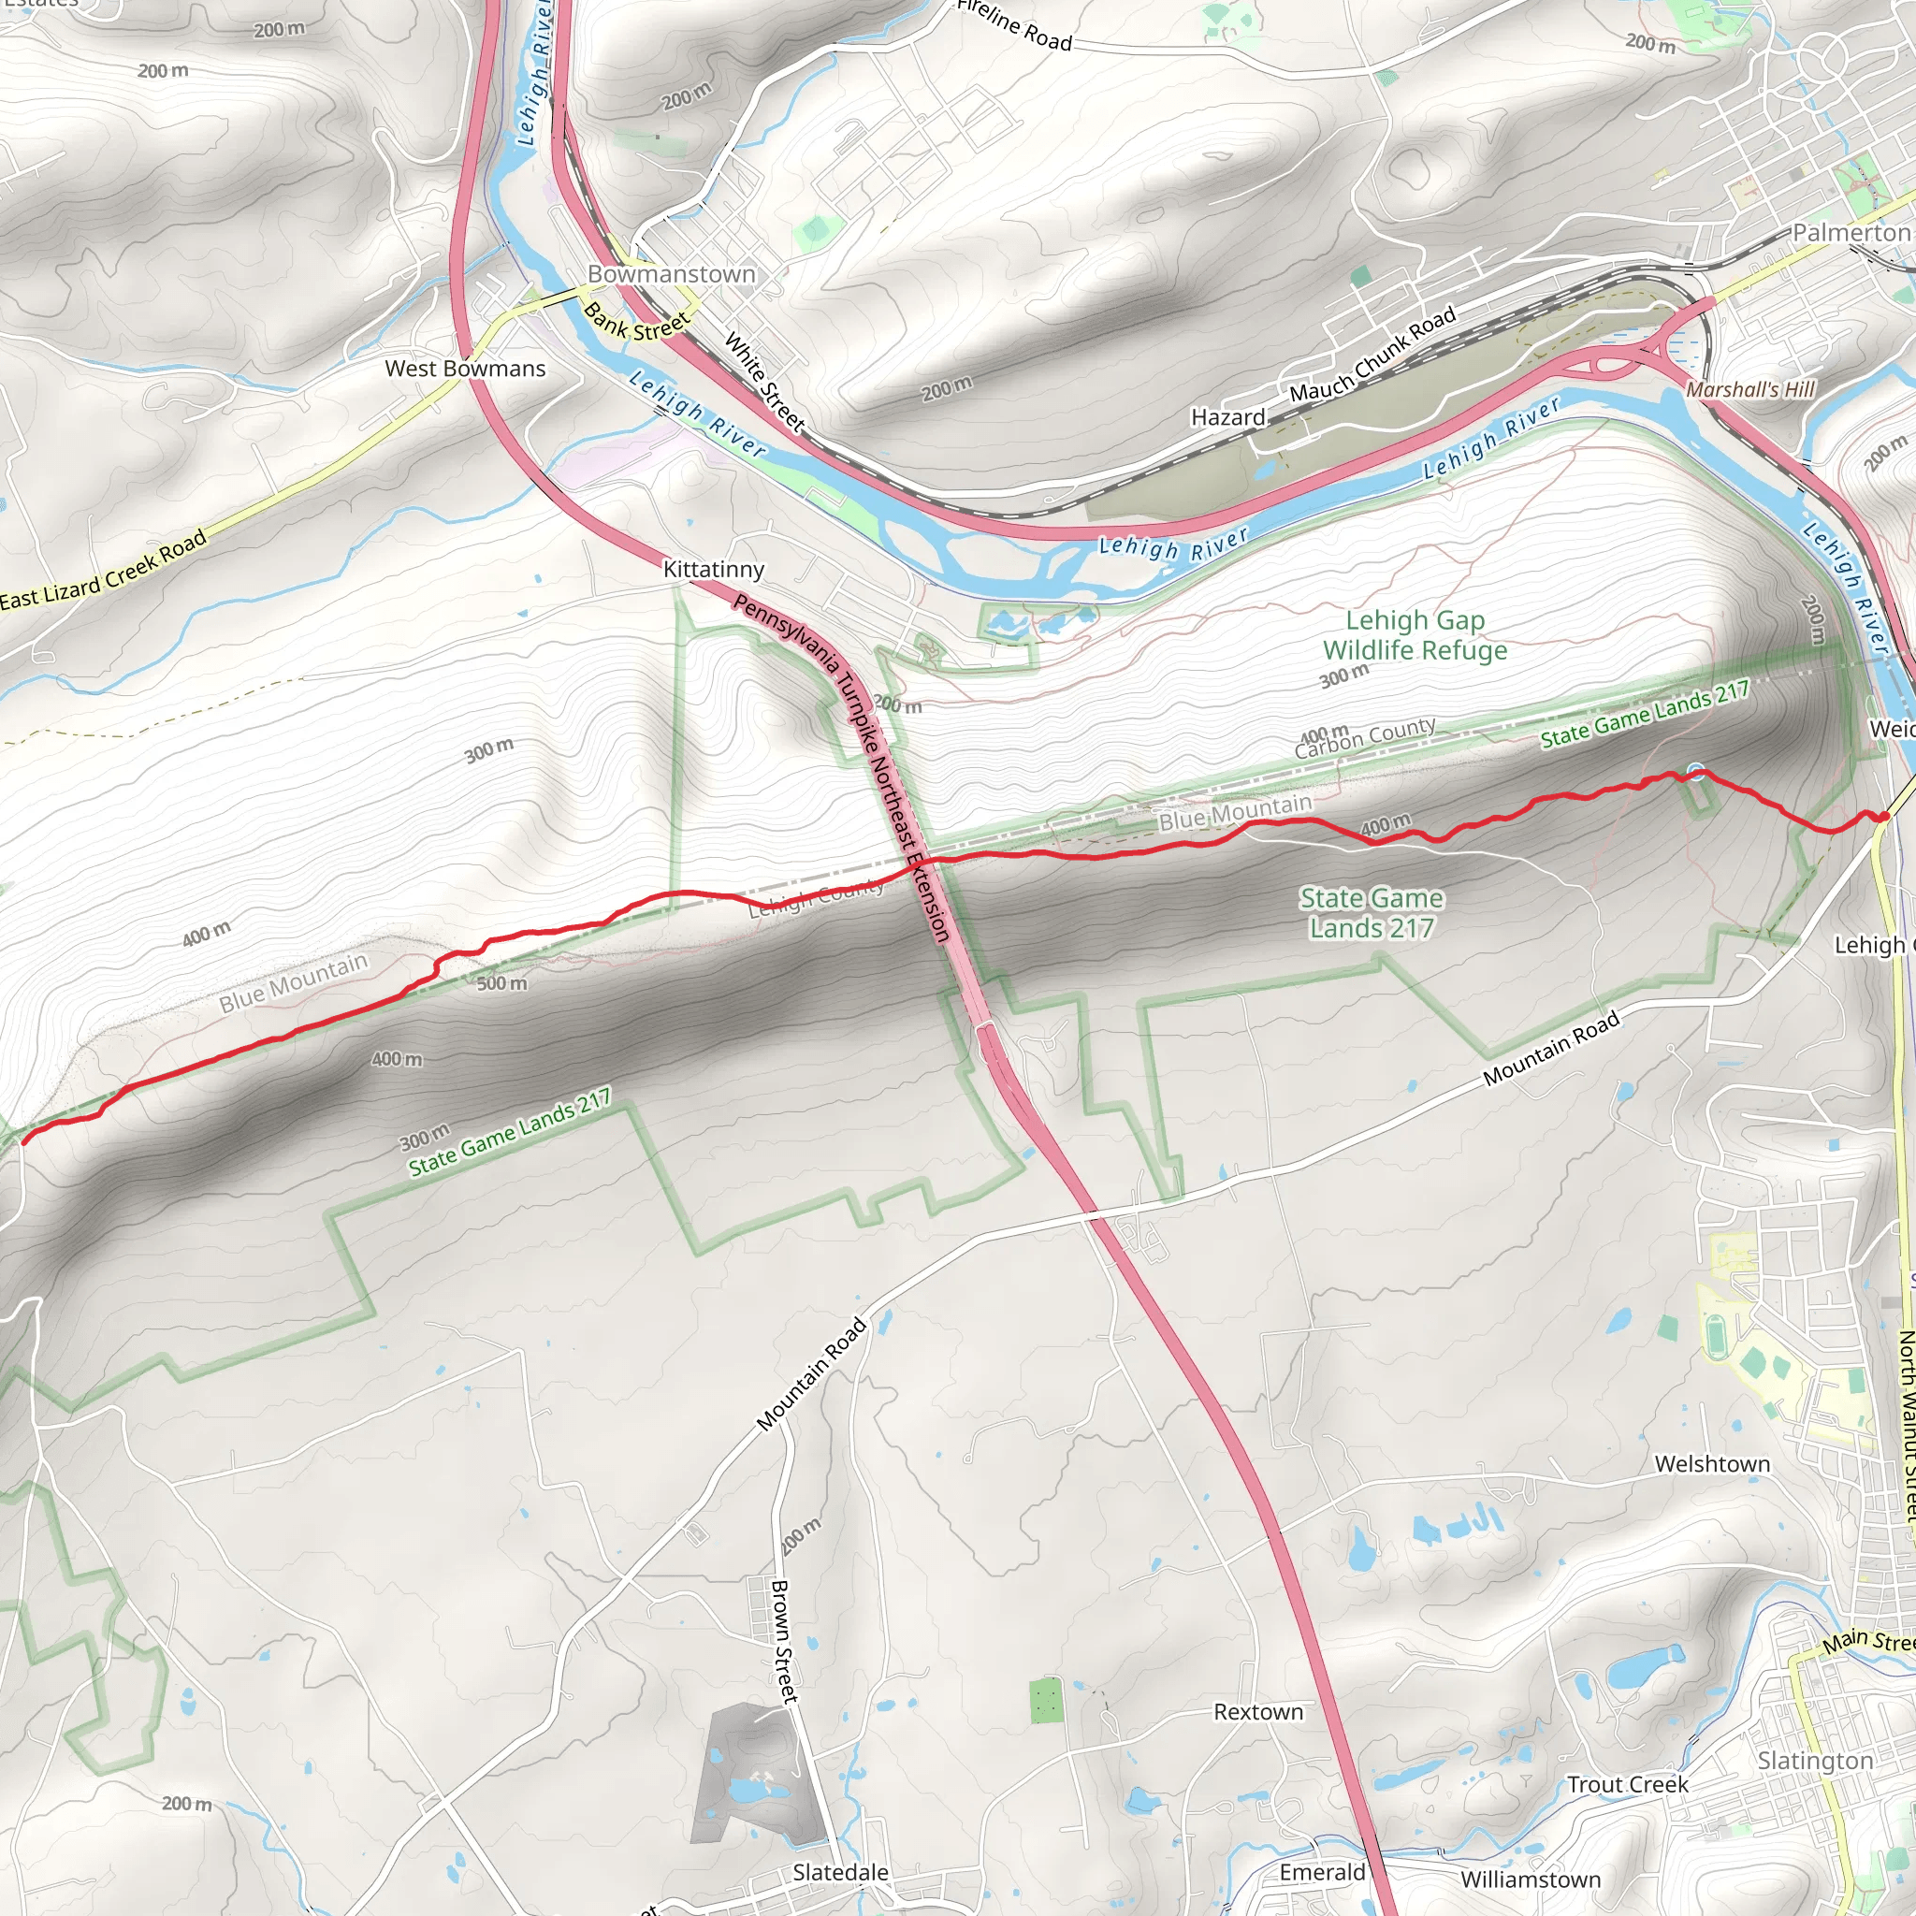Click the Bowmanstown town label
click(x=672, y=274)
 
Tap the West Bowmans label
click(x=465, y=369)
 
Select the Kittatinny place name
click(x=713, y=569)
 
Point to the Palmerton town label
click(x=1851, y=232)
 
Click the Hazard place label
click(x=1227, y=417)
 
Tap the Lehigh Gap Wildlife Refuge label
click(x=1415, y=634)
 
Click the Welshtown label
click(x=1713, y=1464)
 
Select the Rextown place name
click(x=1258, y=1712)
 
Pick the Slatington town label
click(x=1816, y=1761)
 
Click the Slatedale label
click(x=840, y=1872)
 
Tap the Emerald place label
click(x=1322, y=1872)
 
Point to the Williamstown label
click(x=1531, y=1880)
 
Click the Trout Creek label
click(x=1628, y=1785)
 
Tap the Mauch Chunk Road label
click(x=1372, y=354)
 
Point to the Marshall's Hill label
click(x=1750, y=390)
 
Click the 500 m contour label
click(x=501, y=984)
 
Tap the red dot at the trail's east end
click(x=1882, y=817)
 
